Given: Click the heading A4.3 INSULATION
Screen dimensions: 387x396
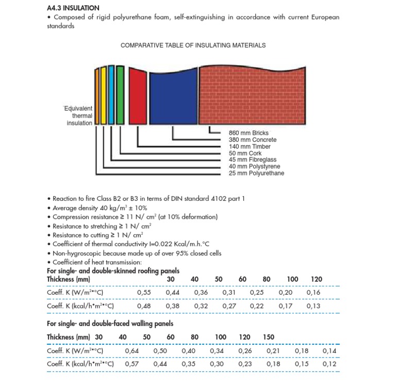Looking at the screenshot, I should tap(73, 8).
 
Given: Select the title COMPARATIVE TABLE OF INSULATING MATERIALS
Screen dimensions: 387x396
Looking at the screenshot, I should tap(193, 45).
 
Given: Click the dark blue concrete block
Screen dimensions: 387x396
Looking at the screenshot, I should tap(173, 98).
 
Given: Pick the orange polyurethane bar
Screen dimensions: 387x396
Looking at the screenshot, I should tap(96, 96).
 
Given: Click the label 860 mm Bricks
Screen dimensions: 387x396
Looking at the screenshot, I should tap(249, 133).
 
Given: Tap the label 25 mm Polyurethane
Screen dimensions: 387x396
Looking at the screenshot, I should tap(256, 173).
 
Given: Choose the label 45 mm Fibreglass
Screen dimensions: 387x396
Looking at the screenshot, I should tap(253, 160).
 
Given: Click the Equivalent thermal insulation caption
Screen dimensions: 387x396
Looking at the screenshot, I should tap(78, 116).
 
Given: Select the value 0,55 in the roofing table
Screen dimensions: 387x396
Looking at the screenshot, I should tap(144, 293).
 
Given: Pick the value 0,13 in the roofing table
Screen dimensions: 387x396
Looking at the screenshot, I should tap(313, 306).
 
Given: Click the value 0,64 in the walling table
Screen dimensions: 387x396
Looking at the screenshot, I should tap(132, 351).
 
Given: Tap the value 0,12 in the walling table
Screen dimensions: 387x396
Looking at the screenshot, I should tap(329, 364).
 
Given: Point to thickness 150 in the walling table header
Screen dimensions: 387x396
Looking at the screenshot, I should tap(268, 337).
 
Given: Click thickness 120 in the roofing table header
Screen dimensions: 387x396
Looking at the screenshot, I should tap(317, 279).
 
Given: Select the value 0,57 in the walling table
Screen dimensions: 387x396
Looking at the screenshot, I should tap(132, 364).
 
